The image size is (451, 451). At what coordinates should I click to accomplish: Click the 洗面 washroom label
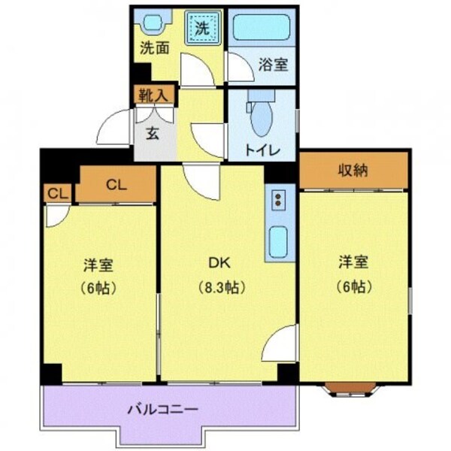pyautogui.click(x=154, y=47)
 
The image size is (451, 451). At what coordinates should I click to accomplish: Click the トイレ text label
pyautogui.click(x=262, y=150)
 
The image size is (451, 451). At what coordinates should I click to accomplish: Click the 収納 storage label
pyautogui.click(x=353, y=170)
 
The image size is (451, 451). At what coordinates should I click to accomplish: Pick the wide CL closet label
pyautogui.click(x=114, y=183)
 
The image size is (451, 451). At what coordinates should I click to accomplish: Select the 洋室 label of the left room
pyautogui.click(x=98, y=265)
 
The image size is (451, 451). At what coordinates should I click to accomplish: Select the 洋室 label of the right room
pyautogui.click(x=353, y=262)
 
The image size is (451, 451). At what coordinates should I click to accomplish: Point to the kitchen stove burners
pyautogui.click(x=279, y=201)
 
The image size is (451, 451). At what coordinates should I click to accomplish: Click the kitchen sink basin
pyautogui.click(x=278, y=241)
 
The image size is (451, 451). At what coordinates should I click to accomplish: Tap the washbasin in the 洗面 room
pyautogui.click(x=154, y=23)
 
